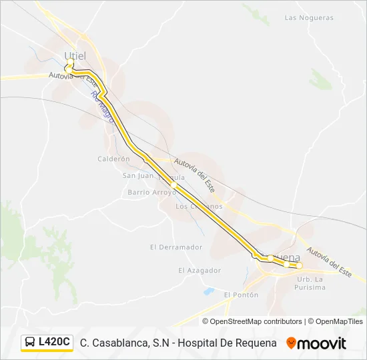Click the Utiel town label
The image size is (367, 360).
[x=75, y=55]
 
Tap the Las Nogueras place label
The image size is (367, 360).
[x=309, y=18]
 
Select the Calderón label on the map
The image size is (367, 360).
[x=113, y=159]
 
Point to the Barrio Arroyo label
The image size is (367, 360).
[x=151, y=192]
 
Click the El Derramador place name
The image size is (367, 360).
[x=176, y=247]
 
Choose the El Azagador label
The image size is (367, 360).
[x=200, y=270]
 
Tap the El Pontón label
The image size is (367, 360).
[x=241, y=294]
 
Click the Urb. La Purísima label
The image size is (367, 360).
[x=311, y=283]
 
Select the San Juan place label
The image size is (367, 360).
[x=137, y=175]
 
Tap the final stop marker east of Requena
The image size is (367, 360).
[x=300, y=265]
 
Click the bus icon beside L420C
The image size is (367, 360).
[x=30, y=343]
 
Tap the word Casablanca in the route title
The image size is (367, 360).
[x=115, y=343]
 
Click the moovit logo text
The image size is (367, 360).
[x=323, y=343]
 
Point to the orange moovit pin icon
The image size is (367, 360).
[x=291, y=343]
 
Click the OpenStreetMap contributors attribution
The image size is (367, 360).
[x=256, y=321]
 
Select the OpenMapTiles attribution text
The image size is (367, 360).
[x=339, y=321]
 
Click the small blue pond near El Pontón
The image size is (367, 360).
[x=208, y=291]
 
